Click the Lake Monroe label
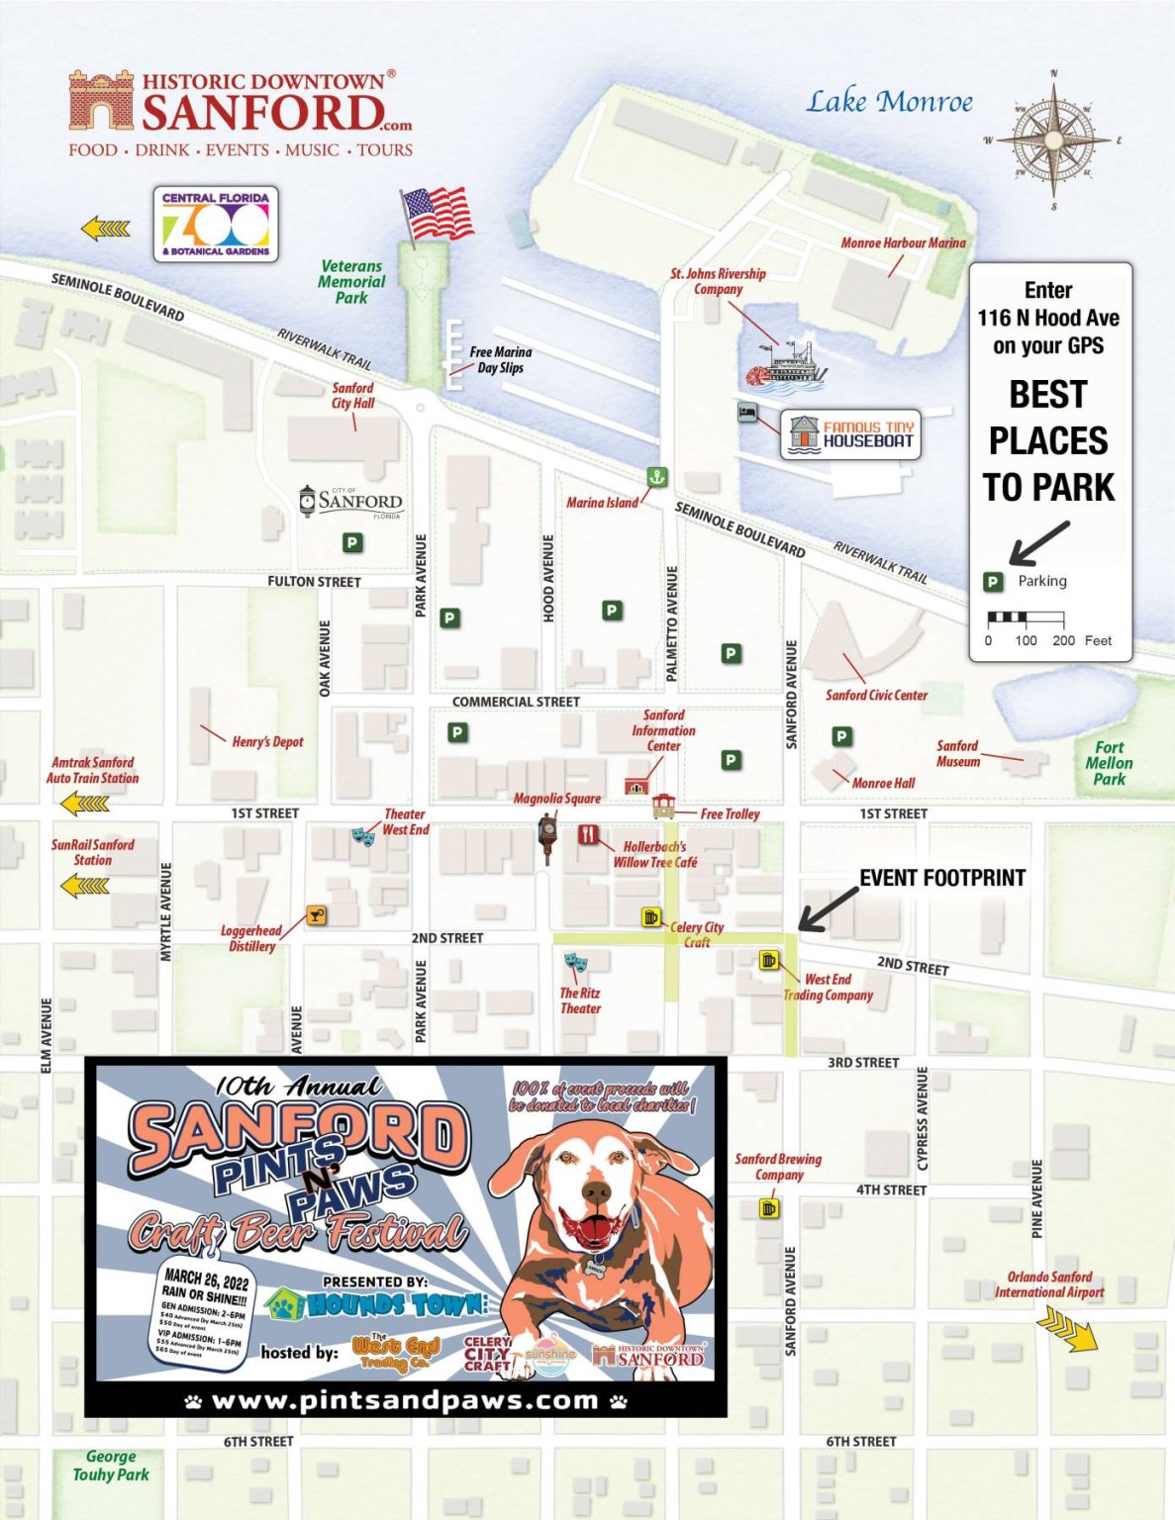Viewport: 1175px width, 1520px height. coord(889,102)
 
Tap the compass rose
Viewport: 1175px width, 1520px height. coord(1053,141)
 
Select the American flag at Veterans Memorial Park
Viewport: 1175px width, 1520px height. coord(438,213)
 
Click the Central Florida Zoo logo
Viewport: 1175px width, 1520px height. coord(216,225)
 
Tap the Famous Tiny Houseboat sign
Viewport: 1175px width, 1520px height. coord(850,434)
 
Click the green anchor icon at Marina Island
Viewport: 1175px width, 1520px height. coord(655,477)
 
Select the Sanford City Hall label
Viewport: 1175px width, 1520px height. coord(352,396)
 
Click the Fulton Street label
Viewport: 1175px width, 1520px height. coord(314,582)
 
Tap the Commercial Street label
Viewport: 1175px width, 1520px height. coord(516,702)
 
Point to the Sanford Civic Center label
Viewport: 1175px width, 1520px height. coord(876,696)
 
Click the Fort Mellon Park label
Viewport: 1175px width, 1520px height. coord(1109,763)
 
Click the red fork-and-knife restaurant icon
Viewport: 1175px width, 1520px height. coord(589,834)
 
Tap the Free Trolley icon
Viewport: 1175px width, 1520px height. coord(663,807)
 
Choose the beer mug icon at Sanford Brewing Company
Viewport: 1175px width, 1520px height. coord(768,1208)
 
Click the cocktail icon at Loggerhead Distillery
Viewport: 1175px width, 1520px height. coord(317,915)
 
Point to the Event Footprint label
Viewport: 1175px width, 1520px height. coord(941,878)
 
